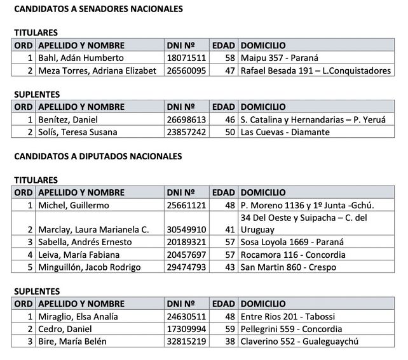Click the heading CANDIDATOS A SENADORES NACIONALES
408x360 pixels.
(99, 10)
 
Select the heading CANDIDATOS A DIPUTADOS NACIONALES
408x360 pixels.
(98, 156)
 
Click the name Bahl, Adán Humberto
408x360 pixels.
(77, 58)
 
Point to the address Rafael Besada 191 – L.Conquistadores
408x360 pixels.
(316, 71)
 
